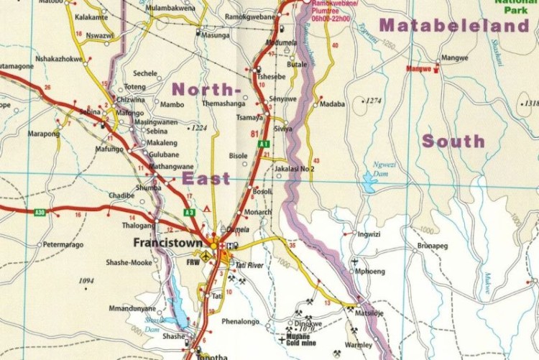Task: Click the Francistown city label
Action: pos(168,244)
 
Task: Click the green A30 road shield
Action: pos(40,212)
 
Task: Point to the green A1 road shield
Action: pos(264,144)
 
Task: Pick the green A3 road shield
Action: pos(189,213)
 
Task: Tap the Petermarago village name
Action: pos(64,245)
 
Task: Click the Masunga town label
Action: pos(215,34)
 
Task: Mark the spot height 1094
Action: pos(87,281)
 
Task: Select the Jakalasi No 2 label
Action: pos(295,169)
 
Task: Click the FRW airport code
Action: pos(193,263)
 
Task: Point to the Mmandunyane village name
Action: pos(132,308)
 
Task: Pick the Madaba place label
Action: pos(333,103)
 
